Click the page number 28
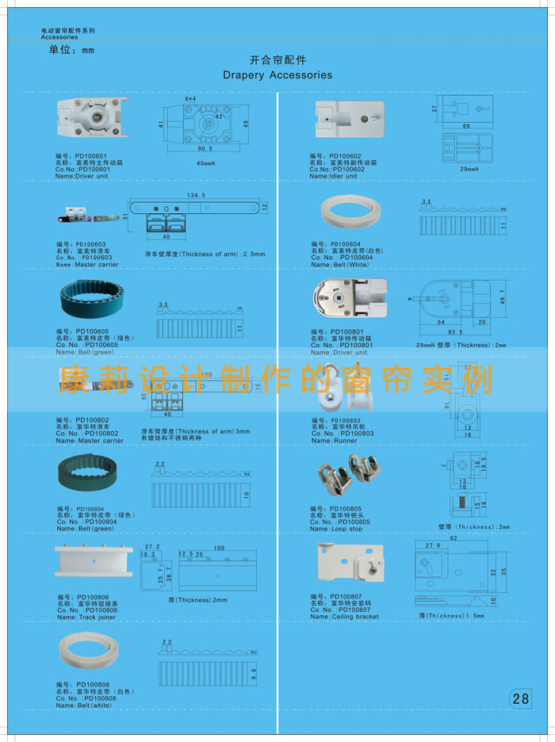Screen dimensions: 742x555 pos(520,698)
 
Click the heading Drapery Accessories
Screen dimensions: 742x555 pos(277,75)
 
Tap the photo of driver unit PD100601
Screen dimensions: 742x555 pos(92,121)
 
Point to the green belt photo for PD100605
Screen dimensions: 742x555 pos(90,300)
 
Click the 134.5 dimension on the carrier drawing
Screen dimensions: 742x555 pos(197,194)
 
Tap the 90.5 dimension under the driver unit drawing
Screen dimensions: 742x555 pos(205,148)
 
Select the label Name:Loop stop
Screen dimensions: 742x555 pos(336,529)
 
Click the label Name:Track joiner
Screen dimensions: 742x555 pos(86,617)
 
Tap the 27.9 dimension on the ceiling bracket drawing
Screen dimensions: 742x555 pos(434,545)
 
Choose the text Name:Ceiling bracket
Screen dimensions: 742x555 pos(345,617)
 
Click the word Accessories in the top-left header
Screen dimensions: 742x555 pos(59,37)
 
